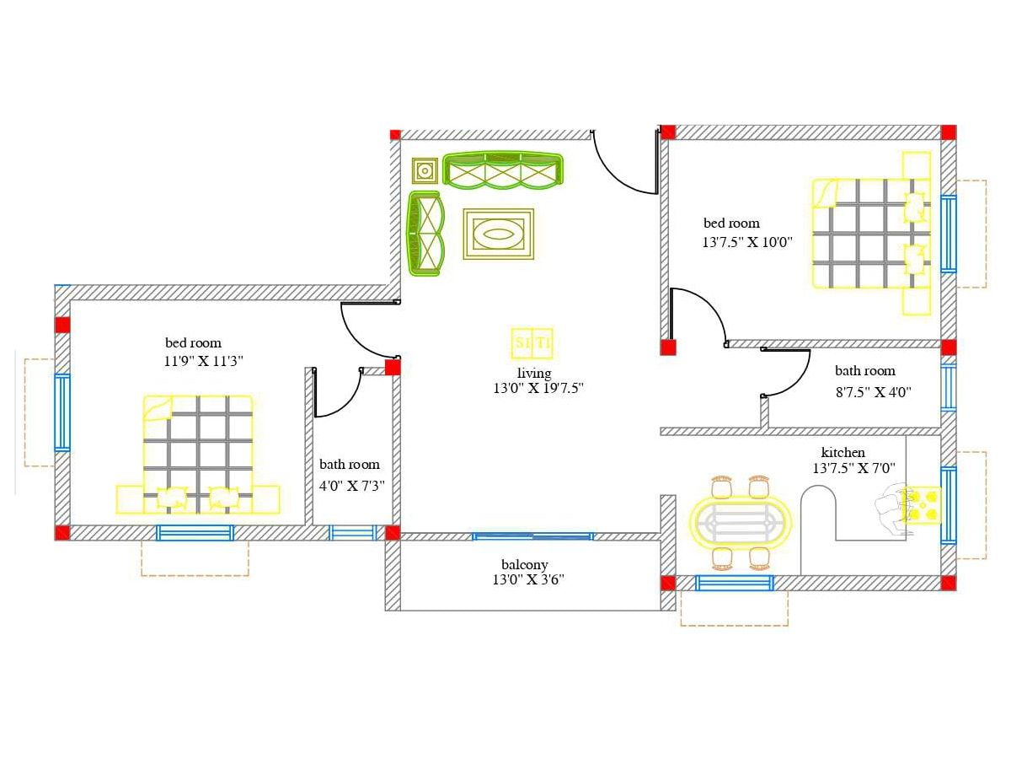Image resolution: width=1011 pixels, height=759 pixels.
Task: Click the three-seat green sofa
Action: pyautogui.click(x=502, y=170)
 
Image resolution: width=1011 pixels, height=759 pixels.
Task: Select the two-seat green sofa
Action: pyautogui.click(x=425, y=234)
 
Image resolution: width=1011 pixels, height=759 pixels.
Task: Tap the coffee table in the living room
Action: pyautogui.click(x=499, y=234)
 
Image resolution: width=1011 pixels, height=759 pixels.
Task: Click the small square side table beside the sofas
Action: pyautogui.click(x=425, y=171)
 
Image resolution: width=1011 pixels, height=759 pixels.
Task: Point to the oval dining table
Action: pyautogui.click(x=740, y=522)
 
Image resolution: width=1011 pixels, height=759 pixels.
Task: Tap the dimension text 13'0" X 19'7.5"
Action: pyautogui.click(x=538, y=388)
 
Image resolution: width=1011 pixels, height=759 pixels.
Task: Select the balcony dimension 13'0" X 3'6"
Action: pyautogui.click(x=528, y=579)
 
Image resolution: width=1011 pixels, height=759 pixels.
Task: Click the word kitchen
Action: pyautogui.click(x=842, y=452)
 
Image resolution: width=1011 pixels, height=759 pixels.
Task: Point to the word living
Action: pyautogui.click(x=534, y=373)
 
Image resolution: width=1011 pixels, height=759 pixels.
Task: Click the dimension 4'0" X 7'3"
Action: pyautogui.click(x=352, y=486)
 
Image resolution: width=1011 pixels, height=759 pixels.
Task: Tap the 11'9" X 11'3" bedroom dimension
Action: pyautogui.click(x=203, y=360)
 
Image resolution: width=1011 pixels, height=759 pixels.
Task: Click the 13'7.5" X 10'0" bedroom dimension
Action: pyautogui.click(x=747, y=242)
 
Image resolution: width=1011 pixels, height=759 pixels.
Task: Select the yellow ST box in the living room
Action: pyautogui.click(x=532, y=343)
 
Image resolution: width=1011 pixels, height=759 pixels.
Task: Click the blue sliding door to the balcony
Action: pyautogui.click(x=533, y=536)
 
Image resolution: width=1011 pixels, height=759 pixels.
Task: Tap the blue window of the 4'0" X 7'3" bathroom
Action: pyautogui.click(x=353, y=533)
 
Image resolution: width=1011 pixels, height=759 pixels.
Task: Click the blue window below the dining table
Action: pyautogui.click(x=734, y=583)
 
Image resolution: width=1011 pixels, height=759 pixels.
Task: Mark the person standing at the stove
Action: pyautogui.click(x=890, y=508)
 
